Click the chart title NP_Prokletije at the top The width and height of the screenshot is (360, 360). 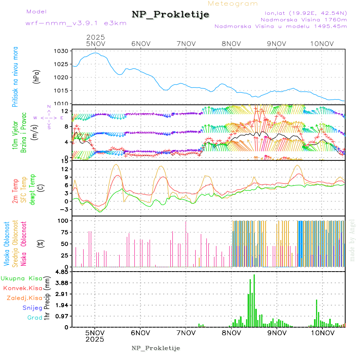(x=170, y=15)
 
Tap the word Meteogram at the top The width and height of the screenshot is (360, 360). (x=233, y=4)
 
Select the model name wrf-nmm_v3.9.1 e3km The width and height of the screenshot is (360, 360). (x=76, y=23)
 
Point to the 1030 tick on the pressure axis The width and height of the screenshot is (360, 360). (x=62, y=51)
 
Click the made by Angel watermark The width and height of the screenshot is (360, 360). (x=352, y=240)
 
